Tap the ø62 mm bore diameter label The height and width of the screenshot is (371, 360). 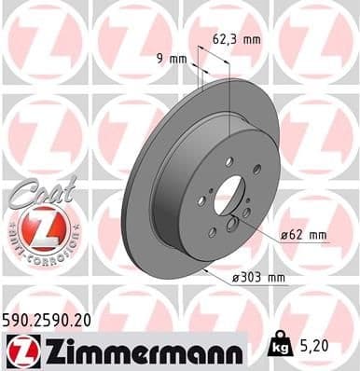point(304,236)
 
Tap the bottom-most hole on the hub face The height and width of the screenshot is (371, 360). point(214,232)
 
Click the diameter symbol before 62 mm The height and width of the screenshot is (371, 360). point(284,236)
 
